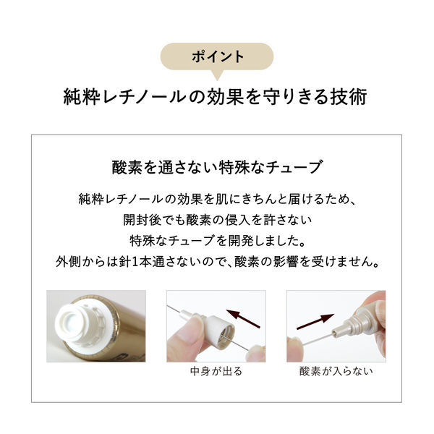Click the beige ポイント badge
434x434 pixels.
(216, 56)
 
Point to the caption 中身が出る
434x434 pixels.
(216, 373)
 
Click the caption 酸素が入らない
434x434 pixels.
(336, 373)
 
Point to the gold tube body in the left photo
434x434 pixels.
(123, 333)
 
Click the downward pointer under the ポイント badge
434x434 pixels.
(217, 75)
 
